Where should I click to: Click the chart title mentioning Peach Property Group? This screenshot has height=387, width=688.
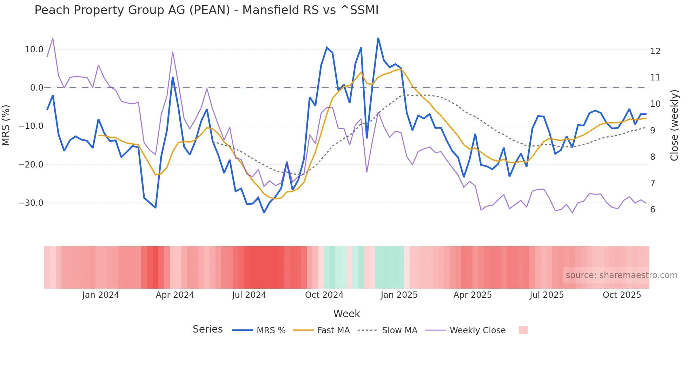coord(206,10)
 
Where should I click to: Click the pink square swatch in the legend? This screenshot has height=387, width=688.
coord(523,330)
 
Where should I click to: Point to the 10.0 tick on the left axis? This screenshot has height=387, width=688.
coord(34,50)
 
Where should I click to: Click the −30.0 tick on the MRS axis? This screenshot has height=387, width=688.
coord(31,203)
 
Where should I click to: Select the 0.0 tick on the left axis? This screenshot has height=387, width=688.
coord(37,88)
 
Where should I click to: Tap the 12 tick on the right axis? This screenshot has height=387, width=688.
coord(655,51)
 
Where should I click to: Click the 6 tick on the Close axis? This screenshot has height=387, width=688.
coord(653,210)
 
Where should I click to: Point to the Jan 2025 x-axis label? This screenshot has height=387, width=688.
coord(399,295)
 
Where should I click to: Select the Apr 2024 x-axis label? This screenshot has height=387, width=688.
coord(175,295)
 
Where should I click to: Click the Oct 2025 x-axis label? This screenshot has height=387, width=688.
coord(622,295)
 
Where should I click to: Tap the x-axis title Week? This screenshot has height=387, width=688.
coord(346,314)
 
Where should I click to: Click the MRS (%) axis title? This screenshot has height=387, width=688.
coord(6,125)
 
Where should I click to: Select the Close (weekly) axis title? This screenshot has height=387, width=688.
coord(674,125)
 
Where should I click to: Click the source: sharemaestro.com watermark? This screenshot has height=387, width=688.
coord(621,275)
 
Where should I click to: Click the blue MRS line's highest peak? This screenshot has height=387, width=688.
coord(378,38)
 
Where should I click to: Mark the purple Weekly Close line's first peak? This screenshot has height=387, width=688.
coord(53,38)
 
